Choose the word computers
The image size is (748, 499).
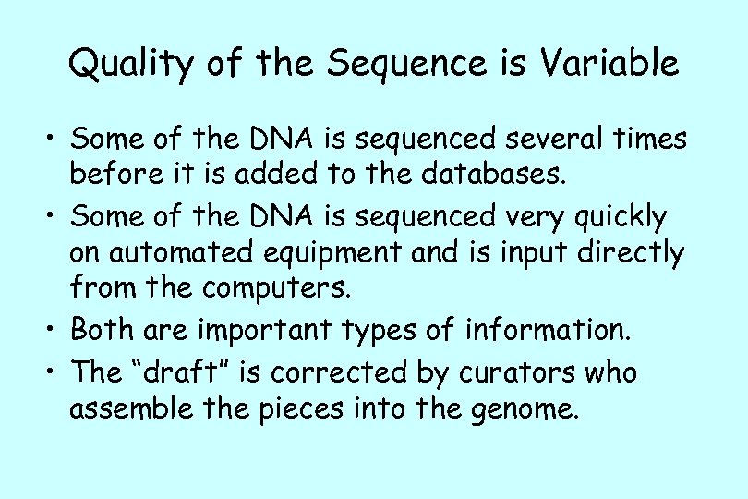pos(266,289)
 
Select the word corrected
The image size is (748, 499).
pos(332,372)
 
